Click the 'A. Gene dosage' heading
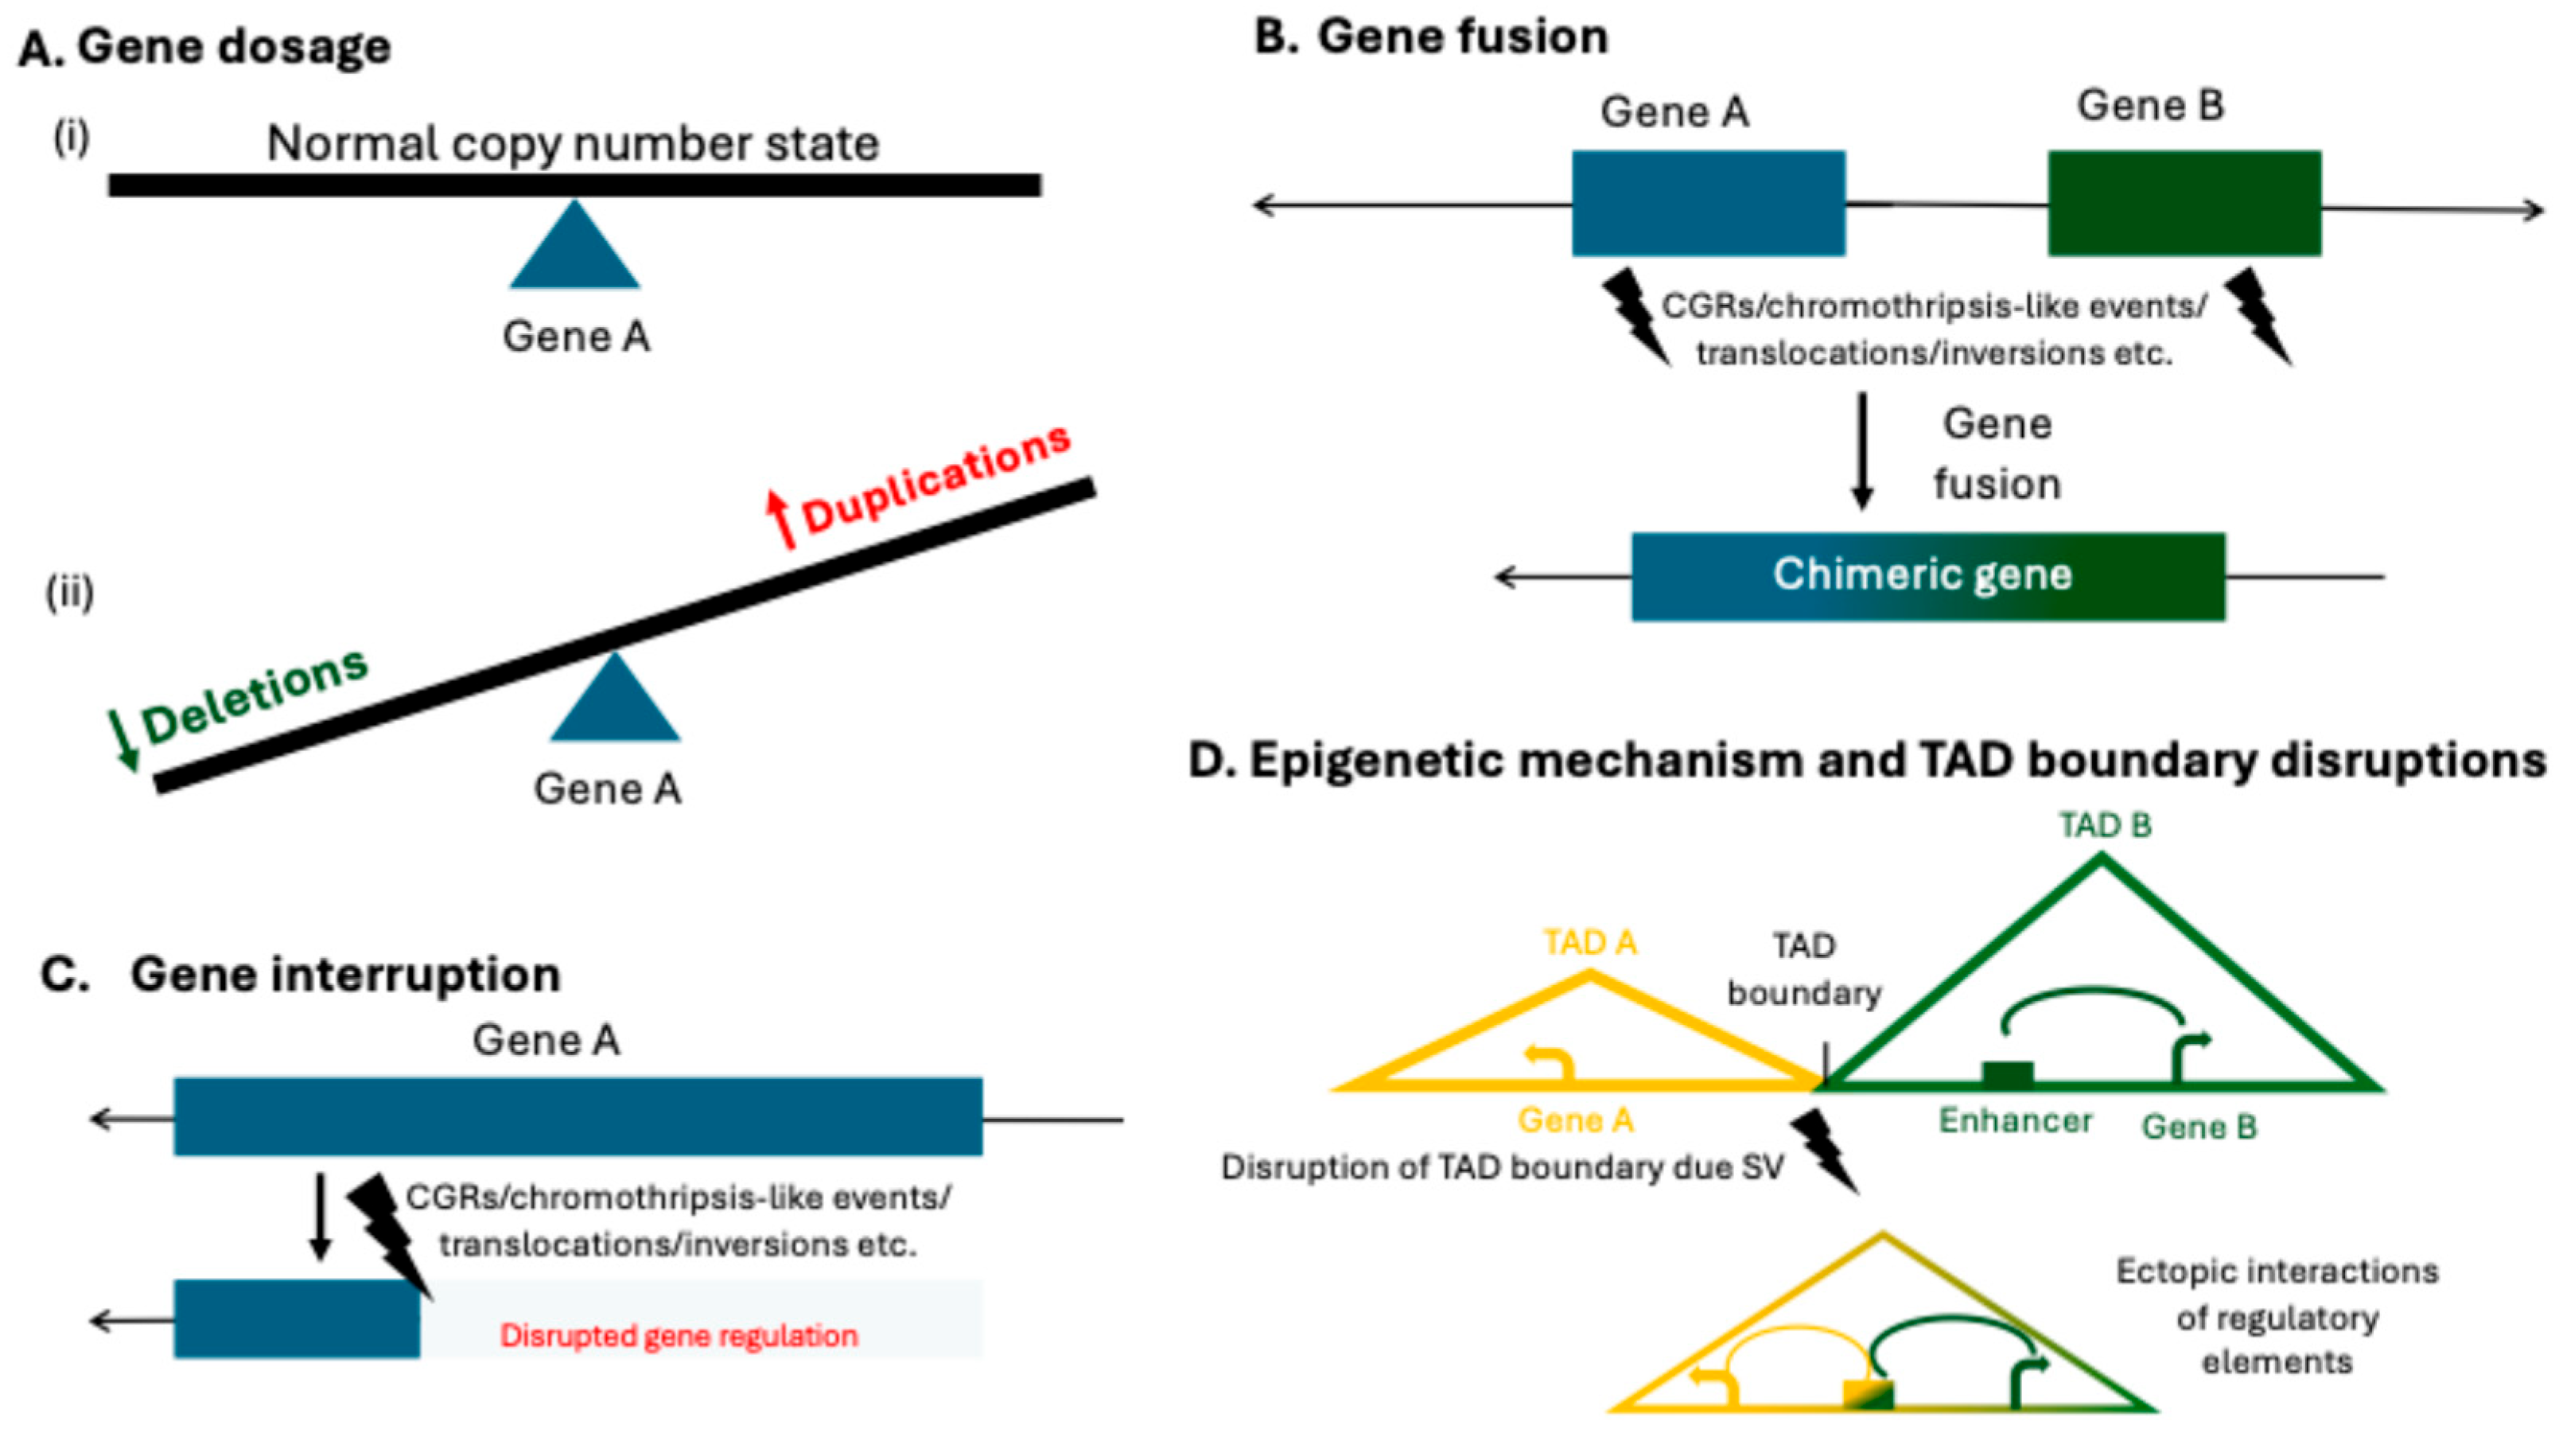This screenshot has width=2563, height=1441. [205, 47]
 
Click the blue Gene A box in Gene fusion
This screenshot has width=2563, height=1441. [1707, 203]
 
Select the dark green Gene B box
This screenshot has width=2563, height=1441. [2184, 203]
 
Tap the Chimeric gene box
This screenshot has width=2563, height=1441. [1927, 576]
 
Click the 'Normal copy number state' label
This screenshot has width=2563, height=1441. [573, 143]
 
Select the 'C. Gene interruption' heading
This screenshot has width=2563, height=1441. [301, 973]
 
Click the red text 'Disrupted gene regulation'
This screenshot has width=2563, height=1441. [678, 1334]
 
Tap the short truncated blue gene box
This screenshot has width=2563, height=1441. [297, 1318]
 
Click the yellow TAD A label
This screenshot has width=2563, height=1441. [1589, 941]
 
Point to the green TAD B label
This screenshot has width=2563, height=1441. [2104, 825]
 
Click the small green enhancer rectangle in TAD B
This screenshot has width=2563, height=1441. [2007, 1073]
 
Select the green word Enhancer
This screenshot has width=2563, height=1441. [2015, 1120]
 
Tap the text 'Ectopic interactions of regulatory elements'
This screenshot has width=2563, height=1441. [2277, 1315]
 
